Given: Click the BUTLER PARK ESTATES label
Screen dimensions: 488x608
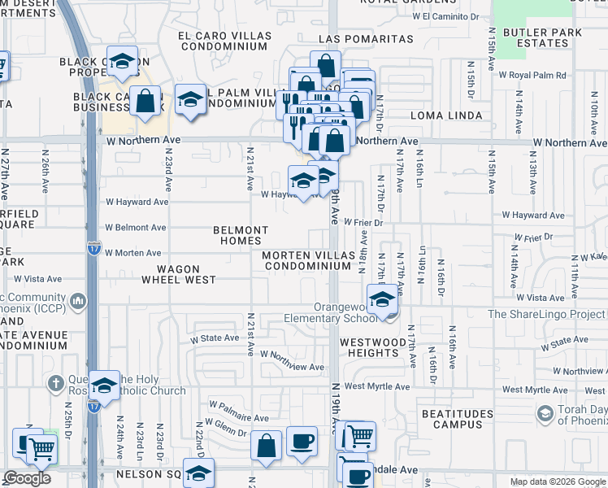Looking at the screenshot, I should click(x=545, y=37).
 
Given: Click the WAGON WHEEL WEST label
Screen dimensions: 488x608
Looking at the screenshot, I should click(x=179, y=273).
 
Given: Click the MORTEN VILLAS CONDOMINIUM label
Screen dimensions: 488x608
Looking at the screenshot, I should click(x=306, y=260).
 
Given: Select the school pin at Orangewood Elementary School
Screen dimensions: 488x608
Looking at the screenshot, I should click(x=381, y=298).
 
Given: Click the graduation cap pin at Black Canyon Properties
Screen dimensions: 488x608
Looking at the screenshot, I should click(x=122, y=62).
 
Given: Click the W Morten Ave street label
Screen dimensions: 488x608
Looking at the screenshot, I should click(x=133, y=253).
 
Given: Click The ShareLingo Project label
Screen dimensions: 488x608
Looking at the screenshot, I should click(x=546, y=314).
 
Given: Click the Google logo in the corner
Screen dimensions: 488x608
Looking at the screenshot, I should click(x=27, y=478).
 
